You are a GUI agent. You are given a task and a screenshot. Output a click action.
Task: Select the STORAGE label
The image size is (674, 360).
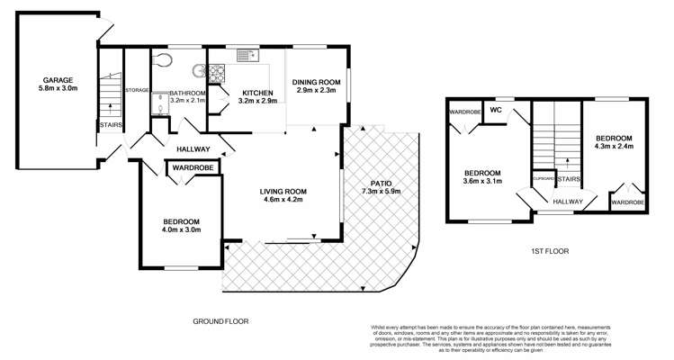[x=137, y=90]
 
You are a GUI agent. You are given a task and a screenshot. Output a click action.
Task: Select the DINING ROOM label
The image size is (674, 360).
[x=315, y=82]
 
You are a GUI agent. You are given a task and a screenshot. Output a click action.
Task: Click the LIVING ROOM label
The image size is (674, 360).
[x=283, y=191]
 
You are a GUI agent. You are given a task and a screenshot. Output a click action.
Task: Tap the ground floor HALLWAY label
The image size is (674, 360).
[x=193, y=149]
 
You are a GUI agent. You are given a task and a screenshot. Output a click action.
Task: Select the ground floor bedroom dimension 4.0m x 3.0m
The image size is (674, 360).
[x=181, y=230]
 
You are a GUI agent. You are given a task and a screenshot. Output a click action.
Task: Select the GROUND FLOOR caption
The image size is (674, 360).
[x=220, y=320]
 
